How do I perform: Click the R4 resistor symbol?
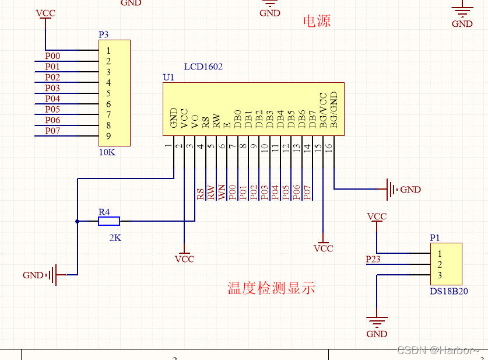108,221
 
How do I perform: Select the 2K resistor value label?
115,238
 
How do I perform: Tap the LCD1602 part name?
203,67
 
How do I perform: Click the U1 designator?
168,77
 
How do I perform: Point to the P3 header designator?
103,34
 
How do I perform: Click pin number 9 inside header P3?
108,136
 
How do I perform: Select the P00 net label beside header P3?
52,56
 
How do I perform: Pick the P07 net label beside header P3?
52,131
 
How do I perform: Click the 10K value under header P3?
107,152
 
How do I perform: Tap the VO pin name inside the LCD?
195,120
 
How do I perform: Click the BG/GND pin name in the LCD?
333,110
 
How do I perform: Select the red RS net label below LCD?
201,194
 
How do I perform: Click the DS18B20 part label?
449,291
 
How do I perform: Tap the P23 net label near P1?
373,258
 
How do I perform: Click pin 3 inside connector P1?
440,275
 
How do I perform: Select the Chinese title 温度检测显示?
271,288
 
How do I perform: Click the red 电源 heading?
317,22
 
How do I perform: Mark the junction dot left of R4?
77,221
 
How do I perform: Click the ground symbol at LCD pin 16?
389,189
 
